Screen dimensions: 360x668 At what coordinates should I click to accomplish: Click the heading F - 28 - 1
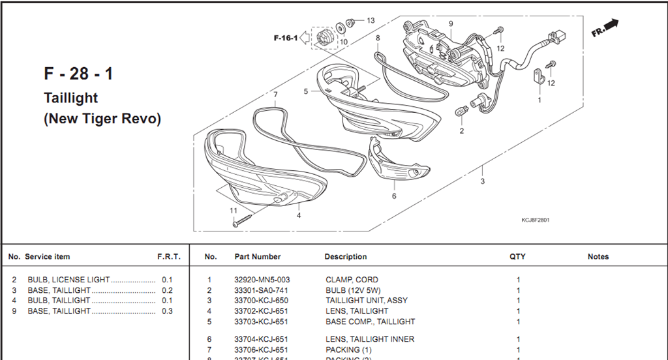78,74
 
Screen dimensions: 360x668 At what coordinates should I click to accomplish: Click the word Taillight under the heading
70,98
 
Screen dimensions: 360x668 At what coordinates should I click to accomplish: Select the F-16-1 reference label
285,38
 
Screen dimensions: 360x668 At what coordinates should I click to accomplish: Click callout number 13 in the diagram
371,21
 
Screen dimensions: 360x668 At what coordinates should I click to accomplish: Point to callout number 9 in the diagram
450,23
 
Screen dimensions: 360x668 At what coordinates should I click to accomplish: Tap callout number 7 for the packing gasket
275,95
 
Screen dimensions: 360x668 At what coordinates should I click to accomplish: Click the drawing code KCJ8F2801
535,220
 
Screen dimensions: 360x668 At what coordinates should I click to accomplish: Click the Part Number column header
258,257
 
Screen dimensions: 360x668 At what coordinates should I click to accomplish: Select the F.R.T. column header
169,257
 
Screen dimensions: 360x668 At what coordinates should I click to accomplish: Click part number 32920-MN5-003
262,280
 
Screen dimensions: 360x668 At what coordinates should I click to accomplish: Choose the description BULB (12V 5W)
353,290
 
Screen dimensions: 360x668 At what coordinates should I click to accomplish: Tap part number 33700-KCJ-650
261,301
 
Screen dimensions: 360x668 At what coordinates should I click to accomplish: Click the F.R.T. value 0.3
167,311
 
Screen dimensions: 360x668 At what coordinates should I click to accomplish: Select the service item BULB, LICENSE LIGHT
68,280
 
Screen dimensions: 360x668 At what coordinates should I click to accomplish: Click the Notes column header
598,257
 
